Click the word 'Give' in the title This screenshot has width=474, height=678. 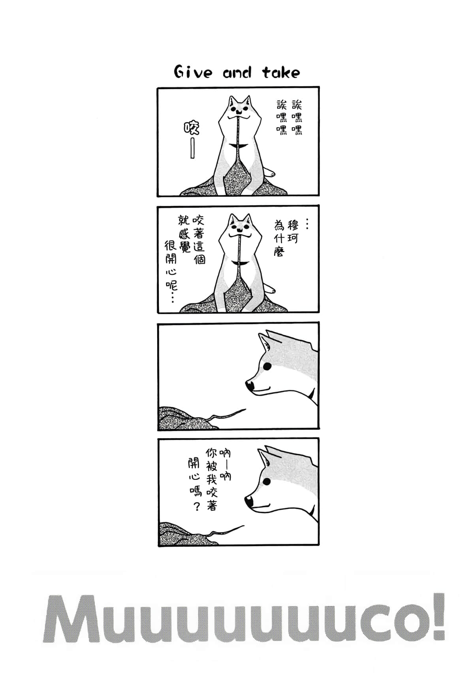click(193, 73)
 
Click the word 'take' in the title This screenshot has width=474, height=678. click(281, 73)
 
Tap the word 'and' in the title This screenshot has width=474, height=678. click(237, 73)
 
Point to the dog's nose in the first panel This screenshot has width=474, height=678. click(238, 111)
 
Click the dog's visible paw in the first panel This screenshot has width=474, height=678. click(270, 173)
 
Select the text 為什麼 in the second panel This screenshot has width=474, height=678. click(279, 239)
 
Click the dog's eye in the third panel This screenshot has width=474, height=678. click(268, 366)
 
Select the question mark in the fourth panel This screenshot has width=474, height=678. click(197, 507)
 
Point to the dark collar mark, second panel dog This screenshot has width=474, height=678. click(239, 263)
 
